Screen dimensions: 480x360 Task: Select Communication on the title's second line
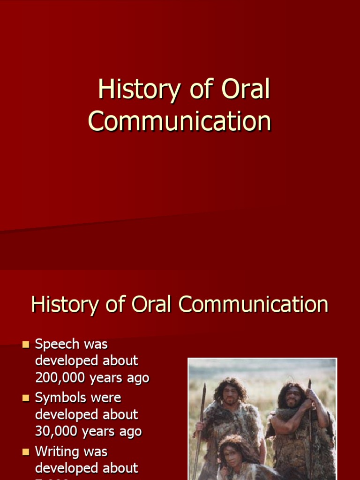(x=180, y=121)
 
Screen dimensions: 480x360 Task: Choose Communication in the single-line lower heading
(x=253, y=305)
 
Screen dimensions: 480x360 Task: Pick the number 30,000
(x=57, y=431)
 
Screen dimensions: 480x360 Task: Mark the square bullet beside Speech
(x=26, y=345)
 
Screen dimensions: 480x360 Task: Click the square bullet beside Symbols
(x=26, y=398)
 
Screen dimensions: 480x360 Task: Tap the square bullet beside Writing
(x=26, y=452)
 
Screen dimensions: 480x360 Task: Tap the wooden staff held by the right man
(x=309, y=422)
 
